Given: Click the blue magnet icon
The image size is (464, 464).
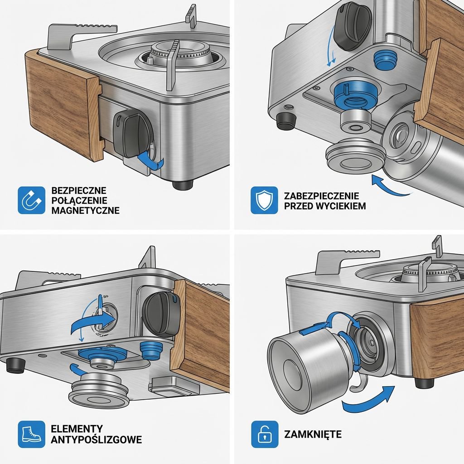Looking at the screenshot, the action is click(31, 200).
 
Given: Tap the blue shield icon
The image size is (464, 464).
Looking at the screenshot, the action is click(264, 200).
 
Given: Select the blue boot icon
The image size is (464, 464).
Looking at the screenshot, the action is click(31, 434).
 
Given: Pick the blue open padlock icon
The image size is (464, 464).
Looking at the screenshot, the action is click(265, 434).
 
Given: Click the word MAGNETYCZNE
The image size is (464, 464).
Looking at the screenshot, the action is click(86, 210).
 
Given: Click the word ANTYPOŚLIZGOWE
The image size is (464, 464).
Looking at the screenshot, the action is click(96, 440).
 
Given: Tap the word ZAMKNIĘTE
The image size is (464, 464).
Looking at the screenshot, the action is click(313, 434).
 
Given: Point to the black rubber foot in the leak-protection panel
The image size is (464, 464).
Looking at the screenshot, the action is click(286, 121).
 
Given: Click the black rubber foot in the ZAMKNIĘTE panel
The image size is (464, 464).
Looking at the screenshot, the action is click(424, 383).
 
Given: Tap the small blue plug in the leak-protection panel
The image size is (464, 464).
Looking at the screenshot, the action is click(385, 60).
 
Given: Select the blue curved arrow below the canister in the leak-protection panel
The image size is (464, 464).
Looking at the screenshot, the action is click(391, 186).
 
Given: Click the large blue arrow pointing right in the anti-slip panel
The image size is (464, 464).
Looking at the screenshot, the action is click(93, 324).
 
